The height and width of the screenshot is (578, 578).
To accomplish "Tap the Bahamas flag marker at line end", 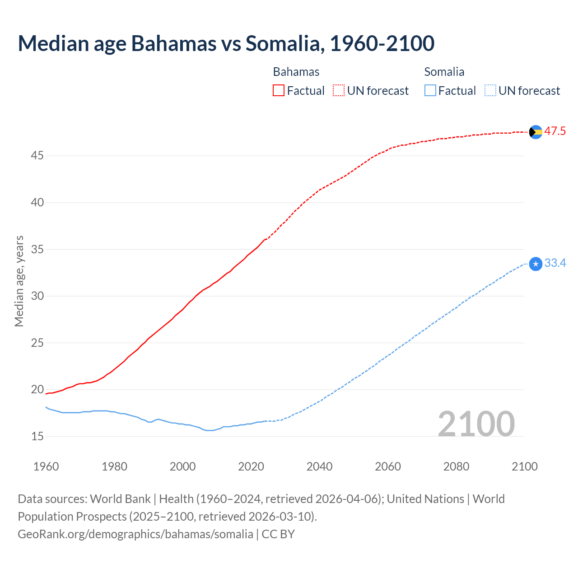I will (536, 132).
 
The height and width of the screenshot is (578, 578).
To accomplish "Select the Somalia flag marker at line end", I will (536, 264).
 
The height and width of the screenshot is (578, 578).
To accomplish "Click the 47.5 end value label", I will (555, 131).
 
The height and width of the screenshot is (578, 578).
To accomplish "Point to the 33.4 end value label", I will (555, 263).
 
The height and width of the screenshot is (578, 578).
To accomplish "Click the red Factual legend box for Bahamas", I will (279, 91).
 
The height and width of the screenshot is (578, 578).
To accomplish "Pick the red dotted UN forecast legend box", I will (339, 91).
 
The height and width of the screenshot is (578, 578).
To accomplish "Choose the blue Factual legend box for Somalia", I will (430, 91).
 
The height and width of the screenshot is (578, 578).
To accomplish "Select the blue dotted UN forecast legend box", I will (490, 91).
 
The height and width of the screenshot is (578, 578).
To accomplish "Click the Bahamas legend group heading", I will (296, 72).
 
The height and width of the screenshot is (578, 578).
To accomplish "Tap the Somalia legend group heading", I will (444, 72).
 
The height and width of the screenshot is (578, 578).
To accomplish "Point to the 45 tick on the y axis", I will (37, 156).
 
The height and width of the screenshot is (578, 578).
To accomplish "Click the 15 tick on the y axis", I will (37, 436).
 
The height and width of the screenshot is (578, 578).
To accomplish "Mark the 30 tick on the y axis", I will (37, 296).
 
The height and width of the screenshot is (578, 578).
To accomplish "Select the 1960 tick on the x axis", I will (46, 466).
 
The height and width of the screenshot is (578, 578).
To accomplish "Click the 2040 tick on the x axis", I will (320, 466).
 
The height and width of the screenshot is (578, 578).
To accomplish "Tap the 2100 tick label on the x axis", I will (525, 466).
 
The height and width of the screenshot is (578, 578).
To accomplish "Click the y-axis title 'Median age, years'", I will (19, 281).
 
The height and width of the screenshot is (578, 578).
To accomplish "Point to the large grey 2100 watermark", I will (476, 424).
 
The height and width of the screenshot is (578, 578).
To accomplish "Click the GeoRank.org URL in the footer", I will (135, 534).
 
